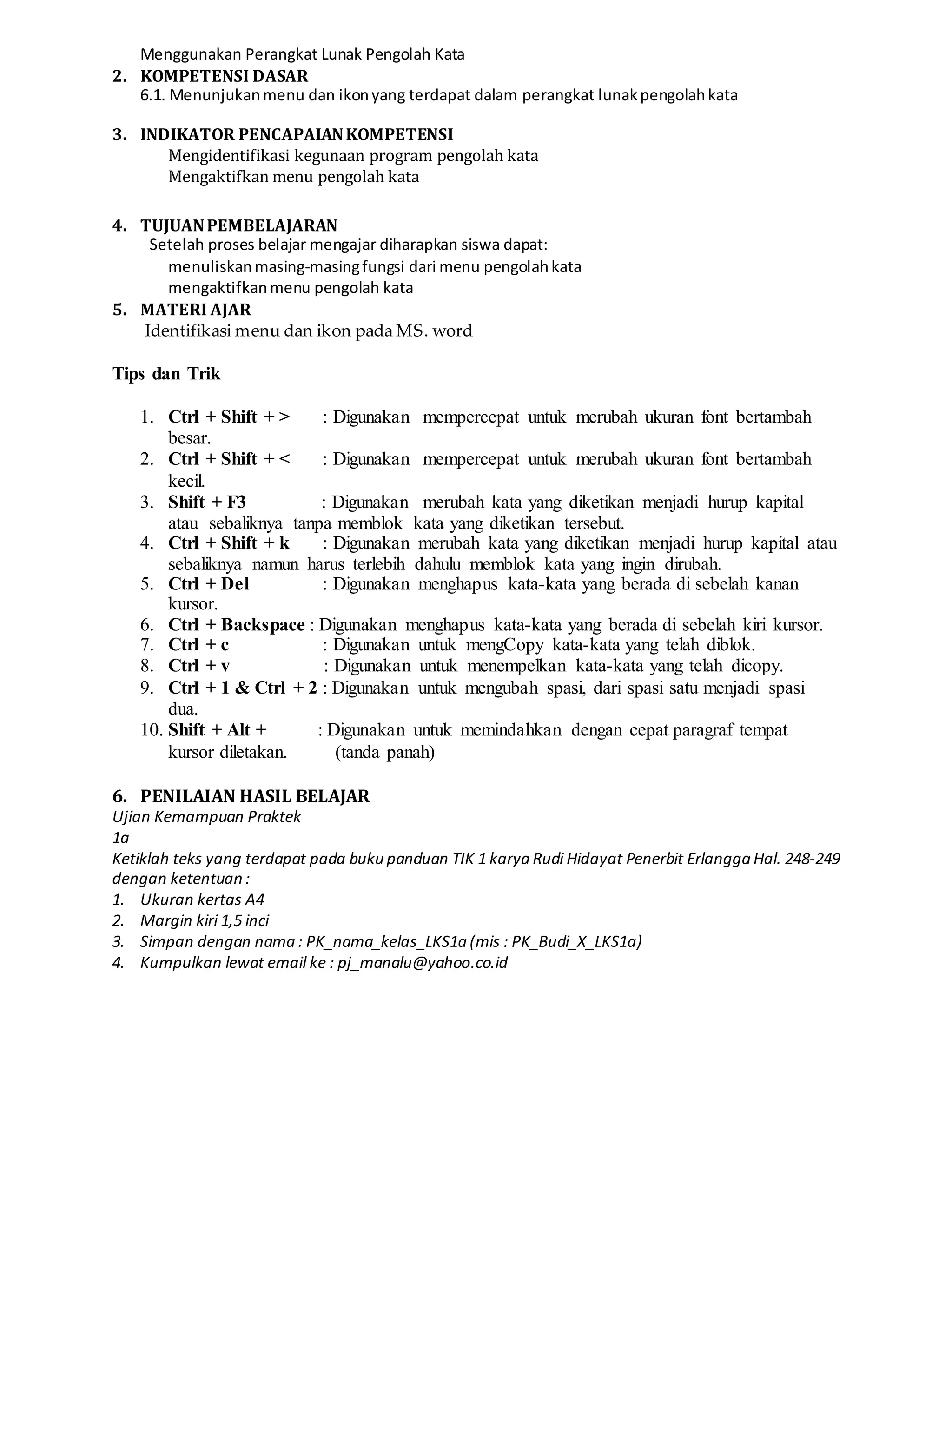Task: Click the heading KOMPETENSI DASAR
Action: point(224,76)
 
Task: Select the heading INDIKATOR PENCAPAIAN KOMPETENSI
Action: point(296,135)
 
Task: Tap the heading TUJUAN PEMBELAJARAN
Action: point(238,226)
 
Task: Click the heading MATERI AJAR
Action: point(196,310)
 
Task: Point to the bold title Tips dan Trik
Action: point(166,374)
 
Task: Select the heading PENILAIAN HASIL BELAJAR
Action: point(255,796)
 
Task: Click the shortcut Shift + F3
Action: point(207,502)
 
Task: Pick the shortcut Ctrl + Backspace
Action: point(236,625)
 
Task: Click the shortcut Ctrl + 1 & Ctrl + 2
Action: point(242,688)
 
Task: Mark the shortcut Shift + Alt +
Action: point(217,730)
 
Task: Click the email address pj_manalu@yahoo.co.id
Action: point(422,963)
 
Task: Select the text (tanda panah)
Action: point(384,752)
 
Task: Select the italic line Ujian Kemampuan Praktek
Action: point(206,817)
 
